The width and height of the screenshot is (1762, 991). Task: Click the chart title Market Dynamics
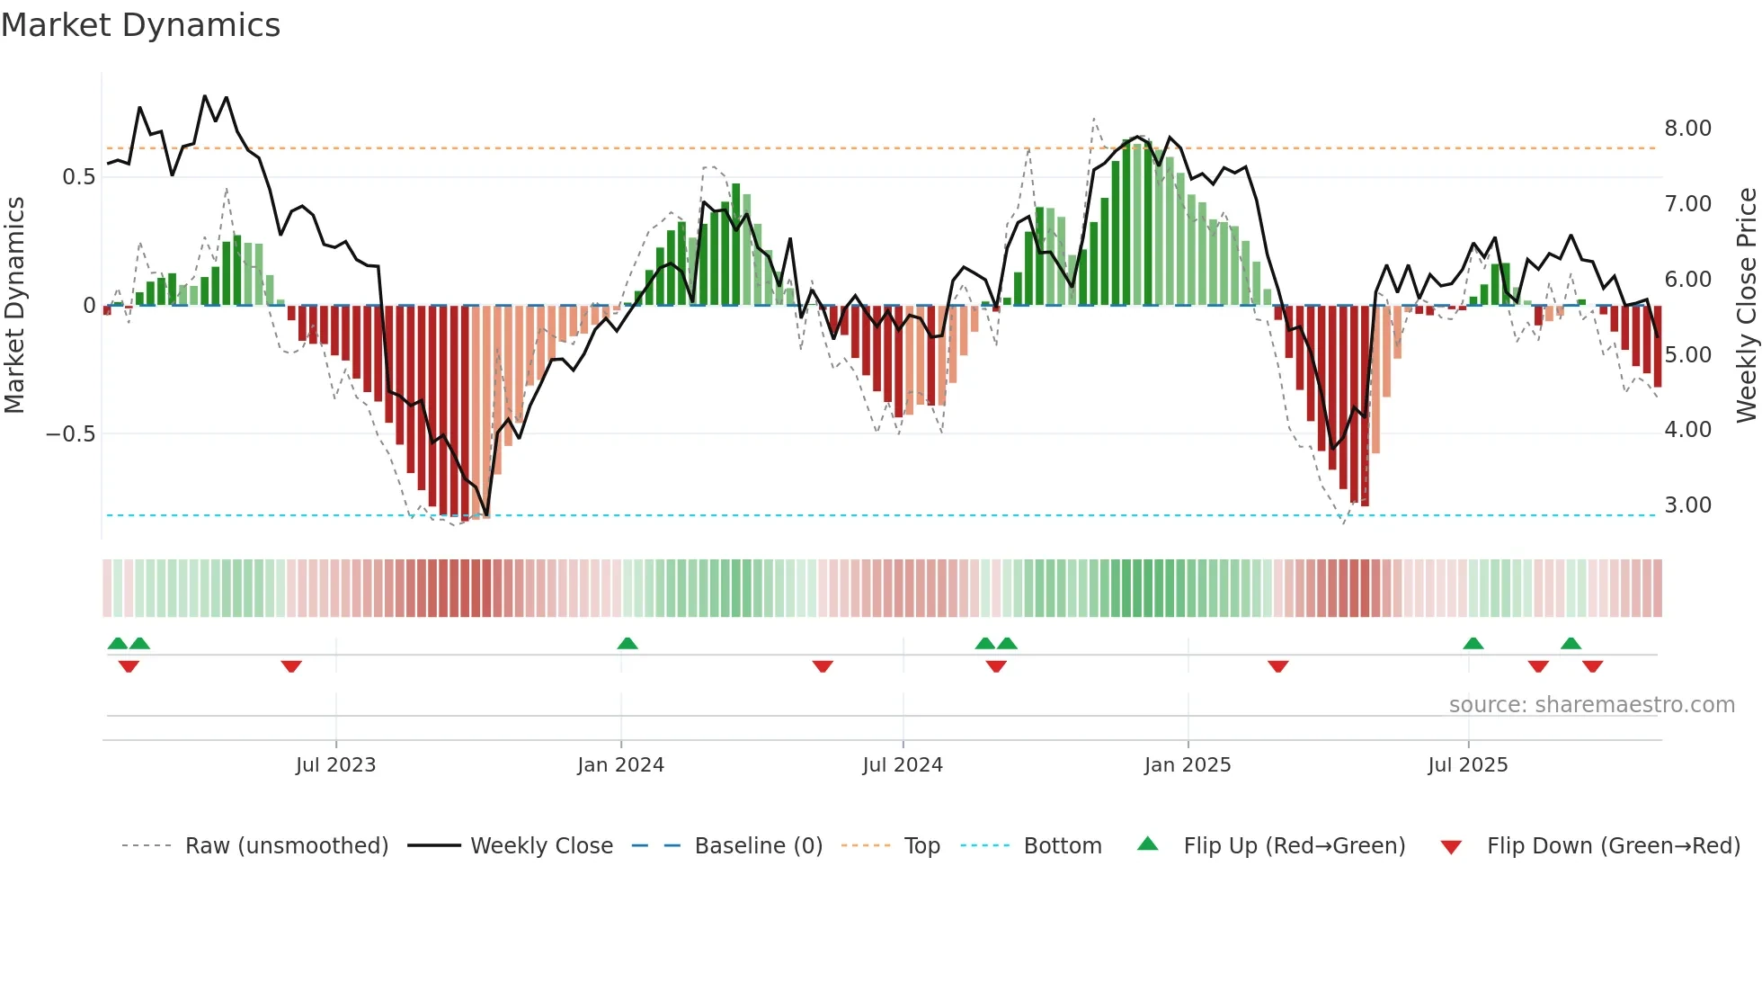140,25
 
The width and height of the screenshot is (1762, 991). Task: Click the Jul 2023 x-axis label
335,765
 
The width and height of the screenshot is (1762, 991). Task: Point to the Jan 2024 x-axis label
620,765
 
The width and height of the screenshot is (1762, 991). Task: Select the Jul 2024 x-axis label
903,765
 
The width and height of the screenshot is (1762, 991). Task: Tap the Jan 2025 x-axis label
1188,765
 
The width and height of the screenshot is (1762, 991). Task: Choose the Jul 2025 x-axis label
1468,765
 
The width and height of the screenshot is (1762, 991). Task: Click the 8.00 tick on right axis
1687,129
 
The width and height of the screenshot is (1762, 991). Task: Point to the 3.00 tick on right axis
1687,505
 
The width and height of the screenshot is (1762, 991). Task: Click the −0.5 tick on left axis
70,434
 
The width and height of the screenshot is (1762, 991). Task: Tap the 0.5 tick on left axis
78,177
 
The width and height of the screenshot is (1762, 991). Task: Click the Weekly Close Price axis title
1746,305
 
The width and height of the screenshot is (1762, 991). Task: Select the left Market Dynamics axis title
14,305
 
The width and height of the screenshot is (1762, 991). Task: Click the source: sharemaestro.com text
1591,705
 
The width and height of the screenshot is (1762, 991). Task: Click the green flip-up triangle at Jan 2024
627,644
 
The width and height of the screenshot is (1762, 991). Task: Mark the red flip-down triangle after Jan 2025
1278,666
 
